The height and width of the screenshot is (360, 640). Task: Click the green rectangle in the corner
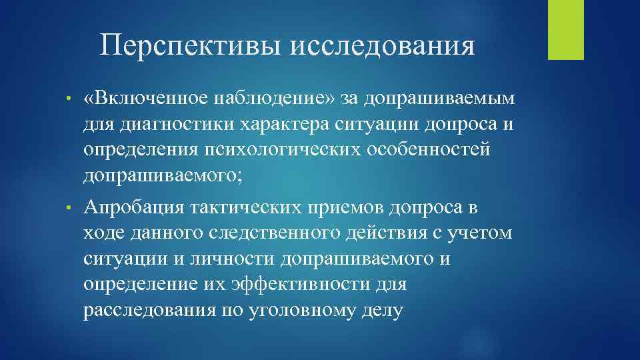click(565, 29)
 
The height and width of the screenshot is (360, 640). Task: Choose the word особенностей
click(422, 149)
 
